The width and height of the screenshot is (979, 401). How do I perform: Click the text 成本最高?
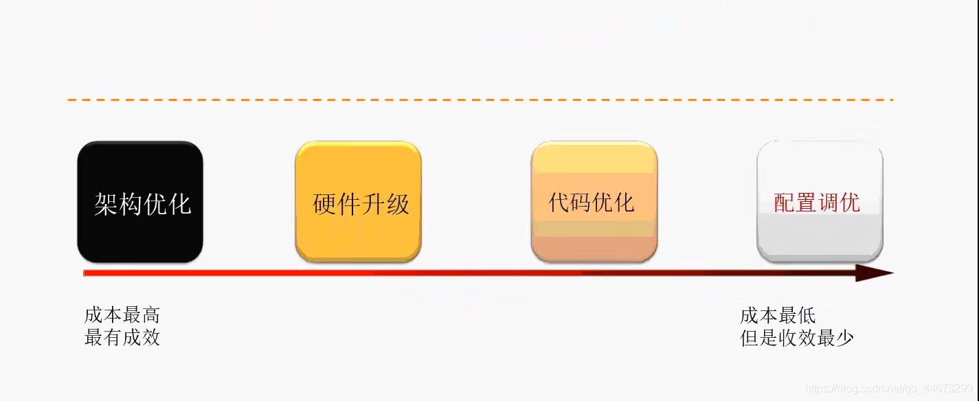click(x=122, y=315)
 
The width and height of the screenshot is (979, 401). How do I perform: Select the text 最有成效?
click(x=122, y=337)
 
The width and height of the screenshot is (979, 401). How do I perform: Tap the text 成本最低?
click(x=778, y=315)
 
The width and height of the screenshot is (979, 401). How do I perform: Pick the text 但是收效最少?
click(x=797, y=337)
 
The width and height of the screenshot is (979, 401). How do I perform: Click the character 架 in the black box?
click(x=106, y=204)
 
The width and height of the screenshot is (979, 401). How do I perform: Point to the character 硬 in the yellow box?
click(x=324, y=204)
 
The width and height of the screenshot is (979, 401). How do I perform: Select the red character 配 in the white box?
click(x=785, y=203)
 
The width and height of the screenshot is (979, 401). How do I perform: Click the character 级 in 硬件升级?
click(x=397, y=204)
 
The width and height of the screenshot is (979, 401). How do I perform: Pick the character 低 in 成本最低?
click(x=807, y=315)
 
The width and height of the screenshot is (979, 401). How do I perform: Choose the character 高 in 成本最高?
click(x=150, y=315)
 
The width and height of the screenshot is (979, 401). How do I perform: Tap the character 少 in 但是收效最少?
click(x=844, y=337)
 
